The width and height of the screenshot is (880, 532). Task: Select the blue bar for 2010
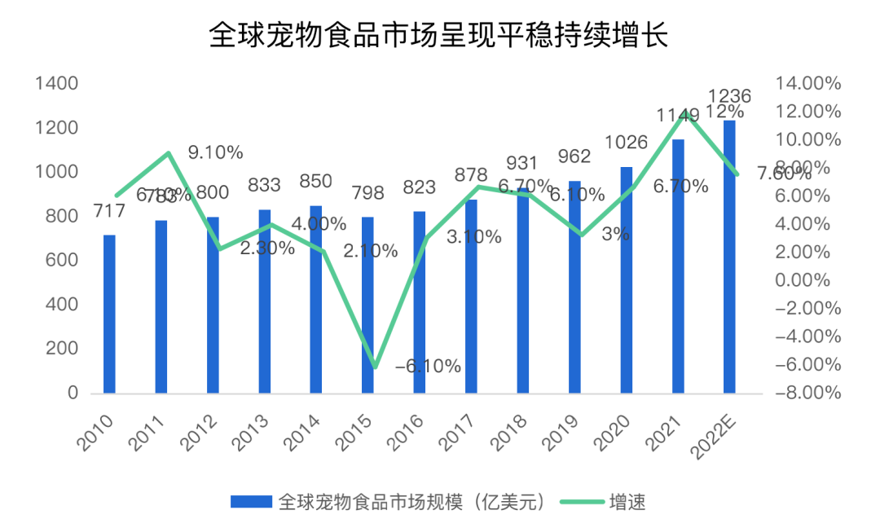coord(109,314)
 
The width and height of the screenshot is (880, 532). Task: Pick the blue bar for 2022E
coord(729,257)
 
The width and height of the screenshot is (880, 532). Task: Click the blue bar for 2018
coord(522,290)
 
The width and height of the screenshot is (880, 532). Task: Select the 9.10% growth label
coord(215,152)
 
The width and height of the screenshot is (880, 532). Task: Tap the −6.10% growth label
coord(428,366)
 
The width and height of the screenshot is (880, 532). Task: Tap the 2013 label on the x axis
coord(253,429)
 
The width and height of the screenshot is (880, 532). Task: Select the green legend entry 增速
coord(627,501)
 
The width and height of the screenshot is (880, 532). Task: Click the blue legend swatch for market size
coord(251,501)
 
